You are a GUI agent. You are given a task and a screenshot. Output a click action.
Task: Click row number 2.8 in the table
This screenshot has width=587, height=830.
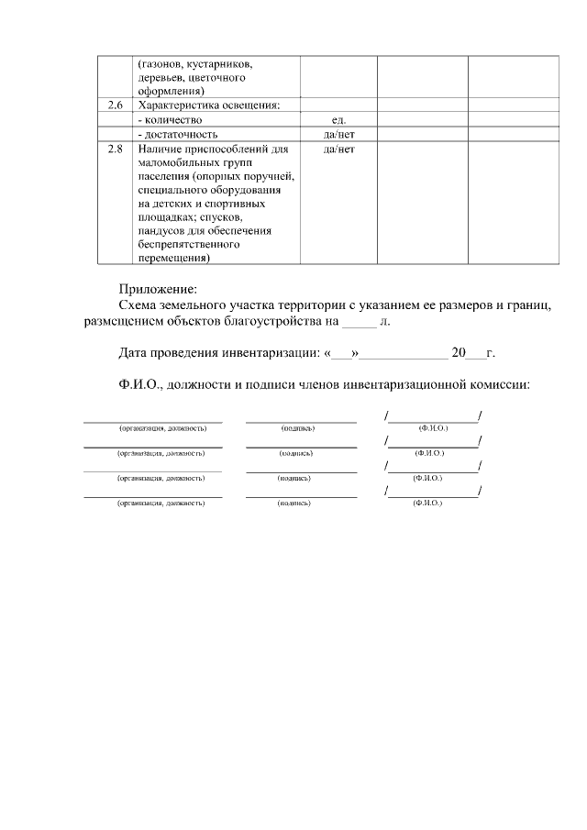coord(116,149)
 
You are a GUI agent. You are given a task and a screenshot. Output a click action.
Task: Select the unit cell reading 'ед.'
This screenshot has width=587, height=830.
coord(338,120)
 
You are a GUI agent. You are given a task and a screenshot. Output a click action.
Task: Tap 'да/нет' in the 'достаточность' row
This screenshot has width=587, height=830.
coord(338,134)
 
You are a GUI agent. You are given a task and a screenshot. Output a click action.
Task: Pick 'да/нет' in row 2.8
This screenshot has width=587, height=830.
coord(338,149)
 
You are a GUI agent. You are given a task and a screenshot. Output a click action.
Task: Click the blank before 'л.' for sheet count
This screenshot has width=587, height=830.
coord(359,323)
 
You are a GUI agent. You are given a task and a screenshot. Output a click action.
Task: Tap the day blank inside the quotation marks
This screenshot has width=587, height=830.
coord(341,352)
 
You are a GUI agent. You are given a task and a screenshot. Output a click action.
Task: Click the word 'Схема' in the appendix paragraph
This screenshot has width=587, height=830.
coord(139,305)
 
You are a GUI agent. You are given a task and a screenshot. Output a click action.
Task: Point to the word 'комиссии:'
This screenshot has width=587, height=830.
coord(500,386)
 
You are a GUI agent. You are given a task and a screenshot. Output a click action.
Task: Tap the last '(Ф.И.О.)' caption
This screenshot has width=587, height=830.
coord(427,504)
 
